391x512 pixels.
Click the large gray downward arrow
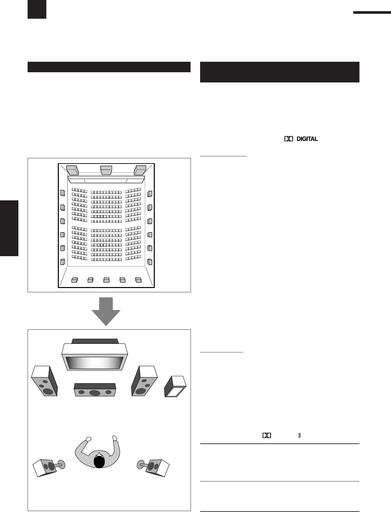(106, 310)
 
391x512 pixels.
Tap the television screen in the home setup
(95, 363)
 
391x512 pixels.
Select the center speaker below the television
(95, 390)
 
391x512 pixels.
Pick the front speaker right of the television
(144, 381)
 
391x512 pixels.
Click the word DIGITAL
(307, 139)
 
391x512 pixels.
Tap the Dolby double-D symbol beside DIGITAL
(288, 139)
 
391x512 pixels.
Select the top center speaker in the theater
(106, 170)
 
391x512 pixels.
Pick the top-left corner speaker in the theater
(72, 170)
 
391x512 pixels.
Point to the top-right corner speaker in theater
(140, 170)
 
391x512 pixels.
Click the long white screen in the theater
(106, 180)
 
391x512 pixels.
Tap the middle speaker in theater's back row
(106, 280)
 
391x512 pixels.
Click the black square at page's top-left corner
(37, 9)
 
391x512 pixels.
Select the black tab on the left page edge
(9, 228)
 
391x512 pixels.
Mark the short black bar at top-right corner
(372, 12)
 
